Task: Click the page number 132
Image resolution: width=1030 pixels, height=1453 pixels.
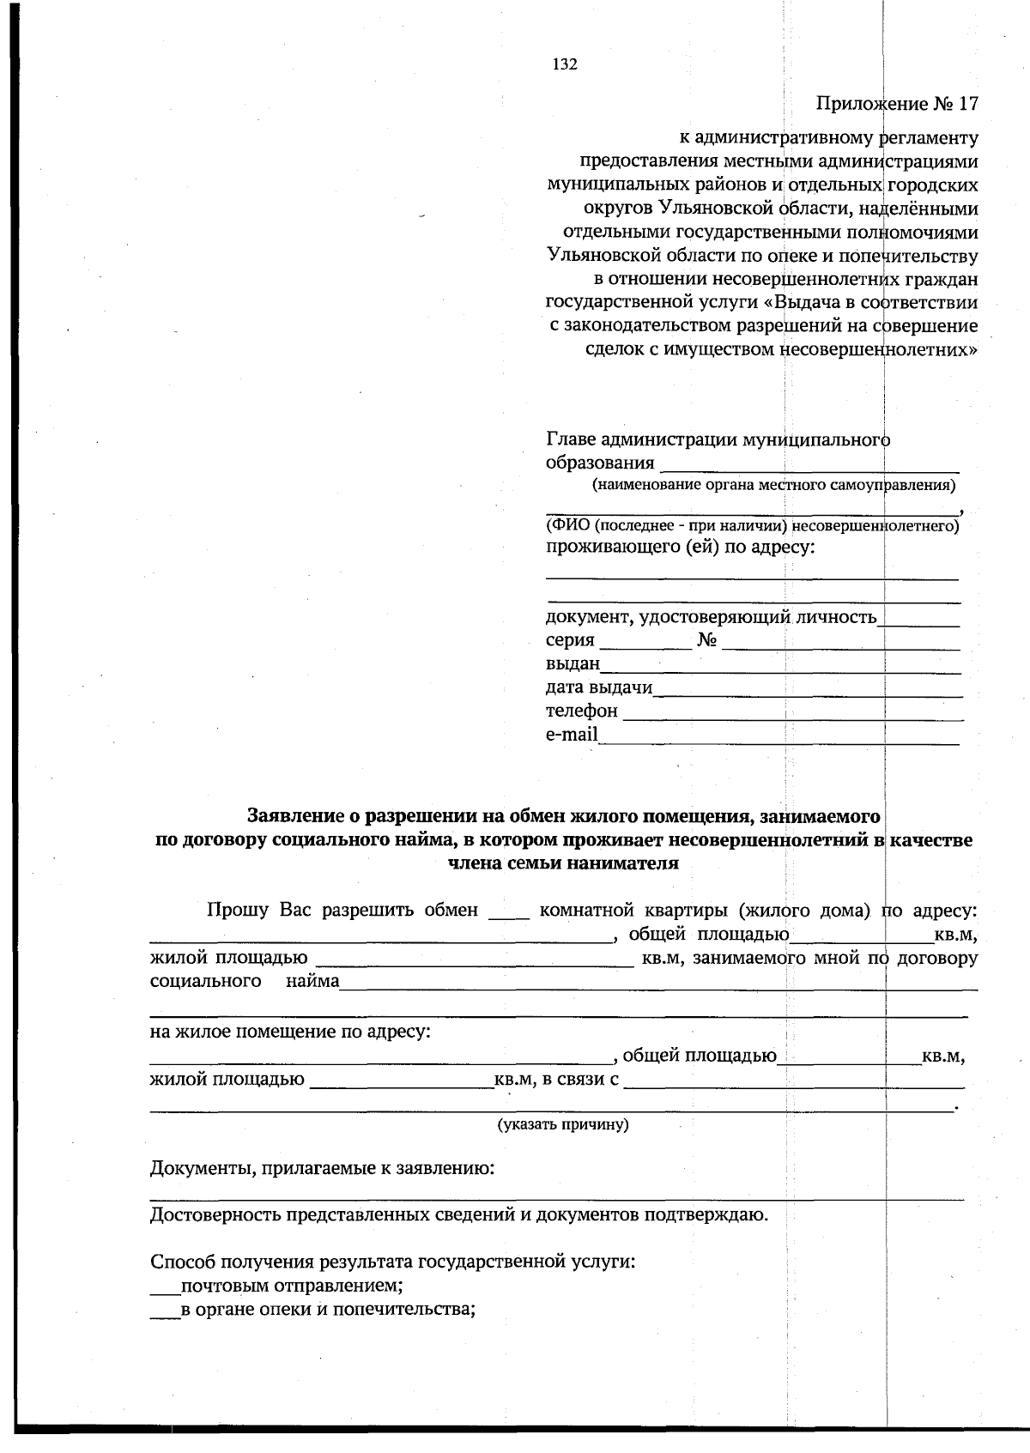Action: pos(564,64)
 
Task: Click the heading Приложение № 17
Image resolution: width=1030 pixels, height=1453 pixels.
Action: pos(896,104)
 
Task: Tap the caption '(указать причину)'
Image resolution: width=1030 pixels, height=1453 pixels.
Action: pos(564,1124)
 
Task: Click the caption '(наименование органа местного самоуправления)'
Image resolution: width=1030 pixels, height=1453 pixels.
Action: pos(773,486)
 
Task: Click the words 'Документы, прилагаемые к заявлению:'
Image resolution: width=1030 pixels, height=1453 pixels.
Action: pos(322,1169)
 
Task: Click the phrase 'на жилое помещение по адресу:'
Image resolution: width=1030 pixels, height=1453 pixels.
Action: pos(290,1031)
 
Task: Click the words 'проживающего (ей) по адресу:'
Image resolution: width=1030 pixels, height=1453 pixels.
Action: pos(680,548)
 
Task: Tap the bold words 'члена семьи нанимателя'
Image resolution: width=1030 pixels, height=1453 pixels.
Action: pos(564,863)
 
